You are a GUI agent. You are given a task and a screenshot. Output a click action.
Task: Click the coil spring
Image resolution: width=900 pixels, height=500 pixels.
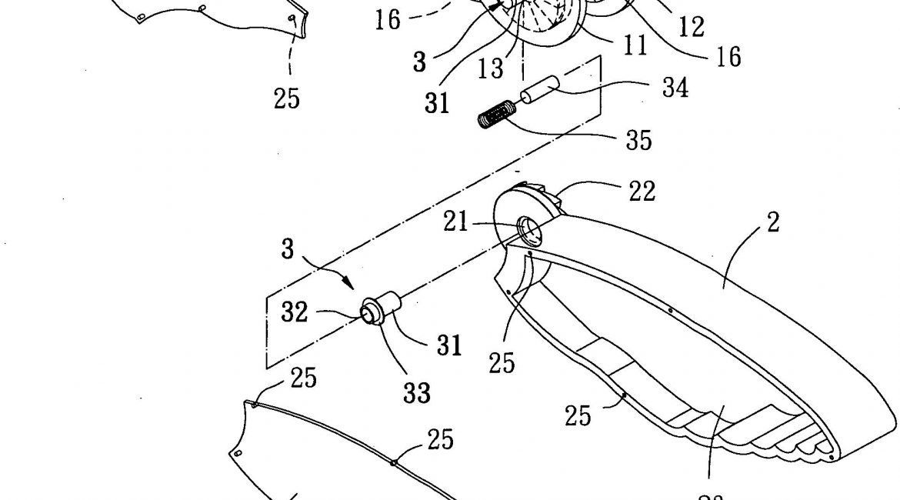(x=493, y=118)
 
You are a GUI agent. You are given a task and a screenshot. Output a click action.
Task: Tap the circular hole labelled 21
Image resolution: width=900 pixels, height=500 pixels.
(x=529, y=228)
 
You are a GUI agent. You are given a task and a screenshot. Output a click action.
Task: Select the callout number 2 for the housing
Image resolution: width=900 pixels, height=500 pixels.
(x=772, y=222)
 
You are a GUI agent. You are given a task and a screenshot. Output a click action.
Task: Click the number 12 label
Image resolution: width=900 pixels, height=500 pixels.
(x=691, y=27)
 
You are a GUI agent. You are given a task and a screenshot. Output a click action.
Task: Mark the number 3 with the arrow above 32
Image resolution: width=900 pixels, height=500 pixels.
(x=287, y=249)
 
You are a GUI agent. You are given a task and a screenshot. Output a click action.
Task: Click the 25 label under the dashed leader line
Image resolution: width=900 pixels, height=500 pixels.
(x=286, y=98)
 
